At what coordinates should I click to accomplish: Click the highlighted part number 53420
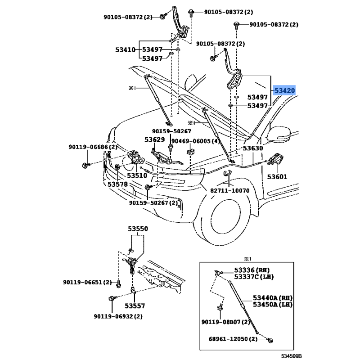point(285,91)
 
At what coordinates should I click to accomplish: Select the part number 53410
point(125,49)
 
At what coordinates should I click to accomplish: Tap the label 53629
point(154,140)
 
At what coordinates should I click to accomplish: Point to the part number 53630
point(253,148)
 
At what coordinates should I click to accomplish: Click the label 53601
point(277,177)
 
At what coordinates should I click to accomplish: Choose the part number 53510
point(136,176)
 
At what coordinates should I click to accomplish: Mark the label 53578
point(117,184)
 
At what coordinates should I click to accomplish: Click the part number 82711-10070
point(229,190)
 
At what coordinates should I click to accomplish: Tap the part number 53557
point(135,306)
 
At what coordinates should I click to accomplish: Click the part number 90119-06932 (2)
point(118,316)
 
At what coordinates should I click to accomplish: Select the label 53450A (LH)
point(272,305)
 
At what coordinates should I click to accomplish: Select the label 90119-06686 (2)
point(93,147)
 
